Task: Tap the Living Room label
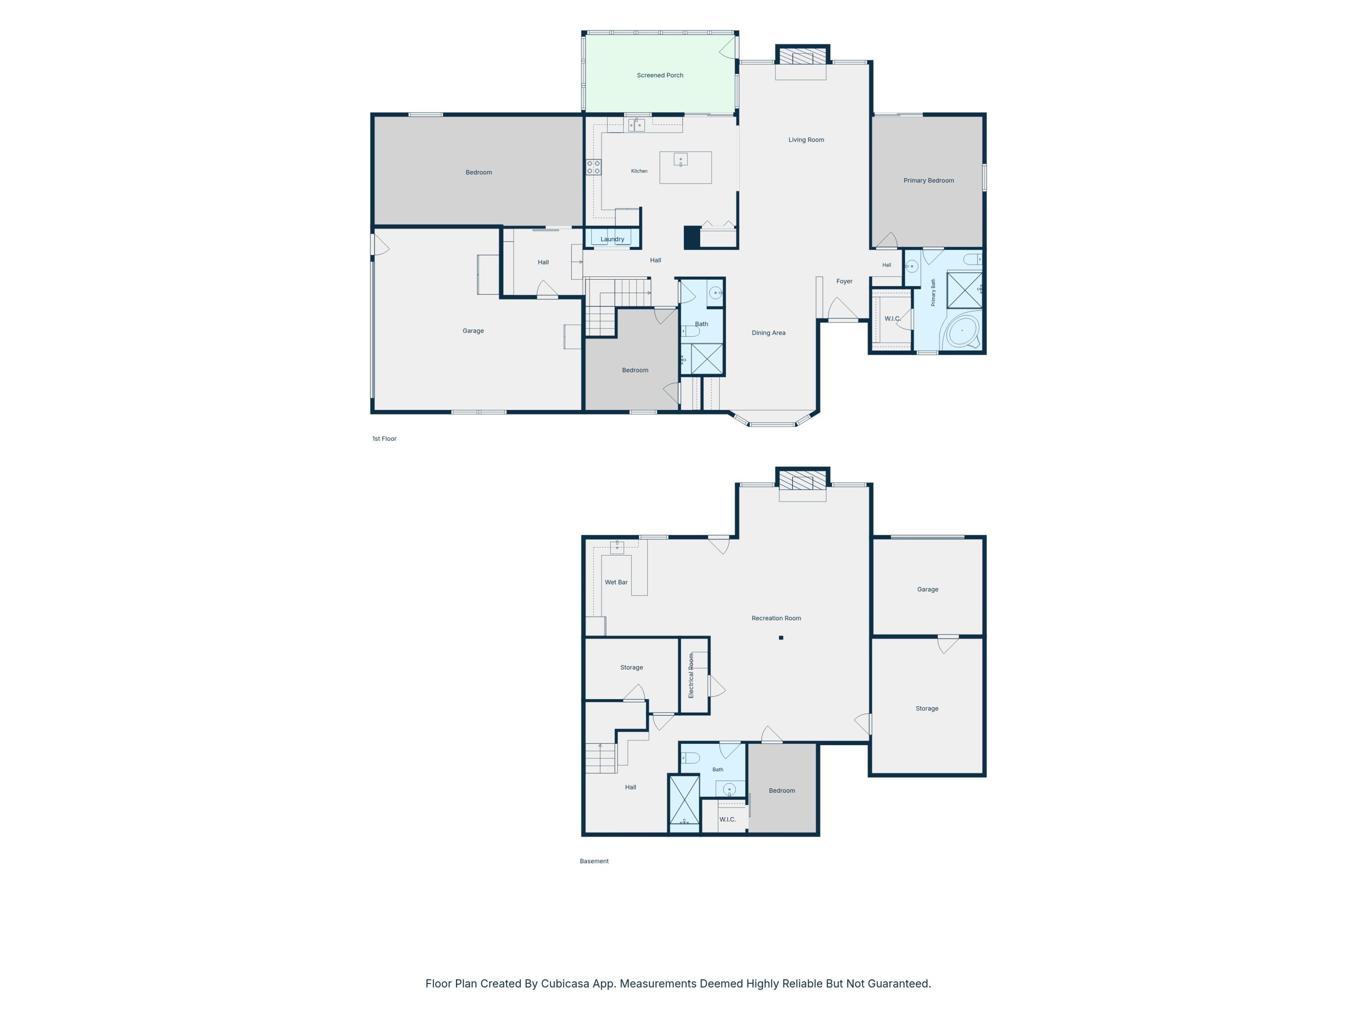tap(806, 140)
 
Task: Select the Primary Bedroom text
tap(928, 181)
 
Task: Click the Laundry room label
tap(612, 239)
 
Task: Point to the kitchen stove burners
tap(593, 167)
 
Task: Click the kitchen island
tap(685, 167)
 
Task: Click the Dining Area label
tap(769, 333)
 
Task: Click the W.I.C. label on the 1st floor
tap(892, 319)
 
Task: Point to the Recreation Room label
tap(776, 618)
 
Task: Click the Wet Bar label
tap(616, 582)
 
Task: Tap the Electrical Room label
tap(691, 675)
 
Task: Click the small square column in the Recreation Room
tap(781, 638)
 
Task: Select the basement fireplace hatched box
tap(802, 480)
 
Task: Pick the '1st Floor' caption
tap(384, 439)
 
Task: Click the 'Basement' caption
tap(594, 861)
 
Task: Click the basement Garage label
tap(928, 590)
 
